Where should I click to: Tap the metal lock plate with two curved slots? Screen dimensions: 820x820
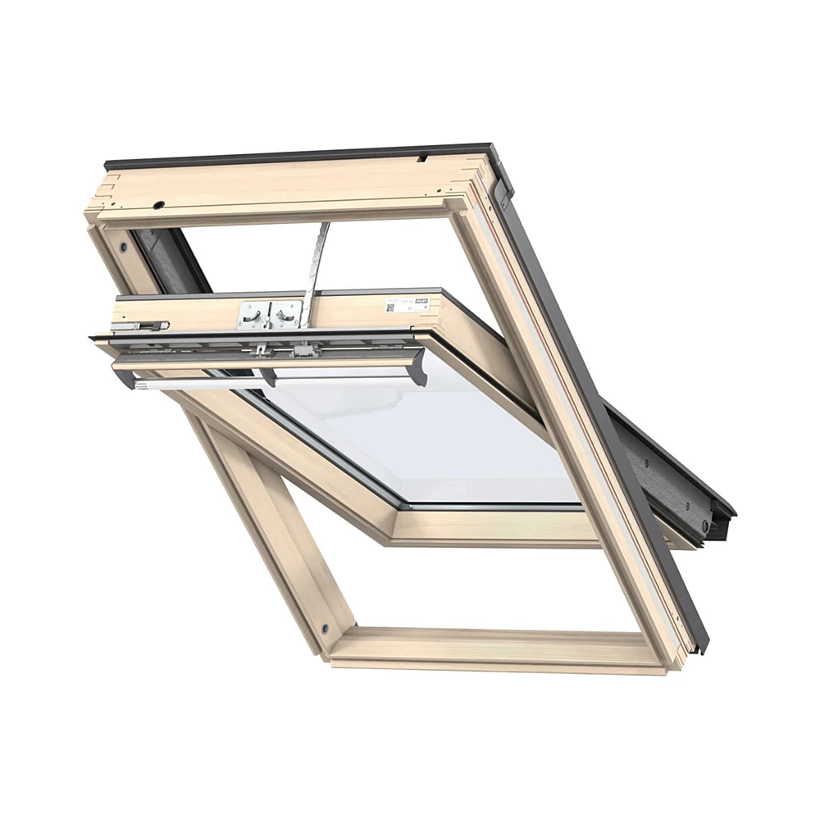[269, 314]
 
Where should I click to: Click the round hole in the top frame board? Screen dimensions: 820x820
[159, 204]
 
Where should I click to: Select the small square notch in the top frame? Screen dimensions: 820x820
[421, 156]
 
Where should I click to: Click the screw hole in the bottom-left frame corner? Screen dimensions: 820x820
[325, 629]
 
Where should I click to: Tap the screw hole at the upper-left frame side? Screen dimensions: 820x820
[123, 247]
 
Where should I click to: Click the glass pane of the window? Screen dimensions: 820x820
[426, 435]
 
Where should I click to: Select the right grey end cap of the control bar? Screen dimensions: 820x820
[417, 367]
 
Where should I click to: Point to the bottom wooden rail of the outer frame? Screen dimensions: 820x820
[492, 648]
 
